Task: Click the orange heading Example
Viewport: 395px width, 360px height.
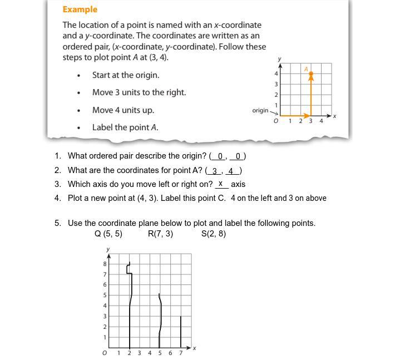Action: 80,9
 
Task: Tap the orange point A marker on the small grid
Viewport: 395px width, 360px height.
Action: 311,74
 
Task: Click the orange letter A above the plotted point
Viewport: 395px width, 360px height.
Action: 306,68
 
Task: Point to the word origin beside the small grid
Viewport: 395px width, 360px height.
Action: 260,110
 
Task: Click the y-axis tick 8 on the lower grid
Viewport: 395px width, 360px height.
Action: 105,264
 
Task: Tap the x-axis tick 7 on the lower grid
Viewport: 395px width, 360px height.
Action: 181,353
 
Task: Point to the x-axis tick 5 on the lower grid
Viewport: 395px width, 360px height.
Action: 160,353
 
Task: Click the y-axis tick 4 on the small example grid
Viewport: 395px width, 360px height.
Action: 276,73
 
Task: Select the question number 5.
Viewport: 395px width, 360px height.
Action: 57,223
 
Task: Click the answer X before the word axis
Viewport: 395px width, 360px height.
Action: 221,184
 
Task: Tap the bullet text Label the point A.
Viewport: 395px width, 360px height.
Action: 125,127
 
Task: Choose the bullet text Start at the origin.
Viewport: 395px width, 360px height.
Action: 126,75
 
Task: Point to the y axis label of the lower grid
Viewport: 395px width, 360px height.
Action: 108,249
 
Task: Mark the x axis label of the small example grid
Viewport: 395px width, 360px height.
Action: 335,116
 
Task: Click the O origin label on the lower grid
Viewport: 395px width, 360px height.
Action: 105,353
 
